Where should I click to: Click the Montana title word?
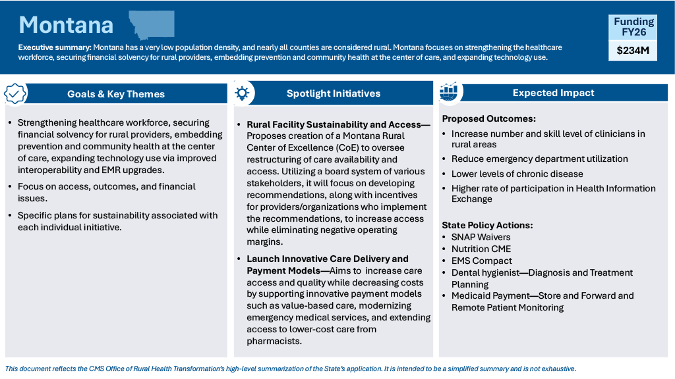tap(66, 25)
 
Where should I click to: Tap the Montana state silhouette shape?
tap(152, 24)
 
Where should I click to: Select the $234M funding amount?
tap(633, 50)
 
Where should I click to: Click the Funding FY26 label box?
tap(633, 27)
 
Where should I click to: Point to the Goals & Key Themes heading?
tap(116, 94)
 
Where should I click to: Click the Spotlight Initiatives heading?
tap(333, 93)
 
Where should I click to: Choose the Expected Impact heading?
tap(553, 93)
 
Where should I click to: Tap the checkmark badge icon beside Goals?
tap(15, 93)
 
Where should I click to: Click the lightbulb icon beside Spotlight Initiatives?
tap(242, 93)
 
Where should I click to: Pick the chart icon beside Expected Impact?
tap(449, 92)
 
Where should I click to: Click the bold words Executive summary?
tap(55, 47)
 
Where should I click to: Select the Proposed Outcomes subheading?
tap(488, 119)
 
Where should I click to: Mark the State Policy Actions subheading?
tap(487, 225)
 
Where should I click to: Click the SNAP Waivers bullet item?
tap(481, 237)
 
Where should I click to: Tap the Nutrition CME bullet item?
tap(481, 249)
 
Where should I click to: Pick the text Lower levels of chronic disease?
tap(517, 174)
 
